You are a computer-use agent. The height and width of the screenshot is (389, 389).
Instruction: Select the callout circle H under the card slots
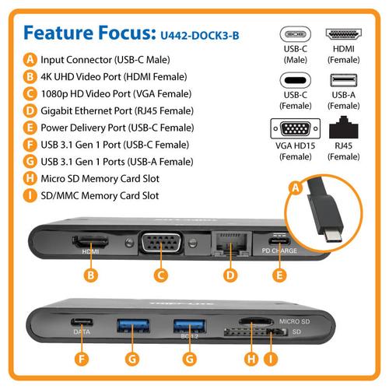[251, 359]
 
